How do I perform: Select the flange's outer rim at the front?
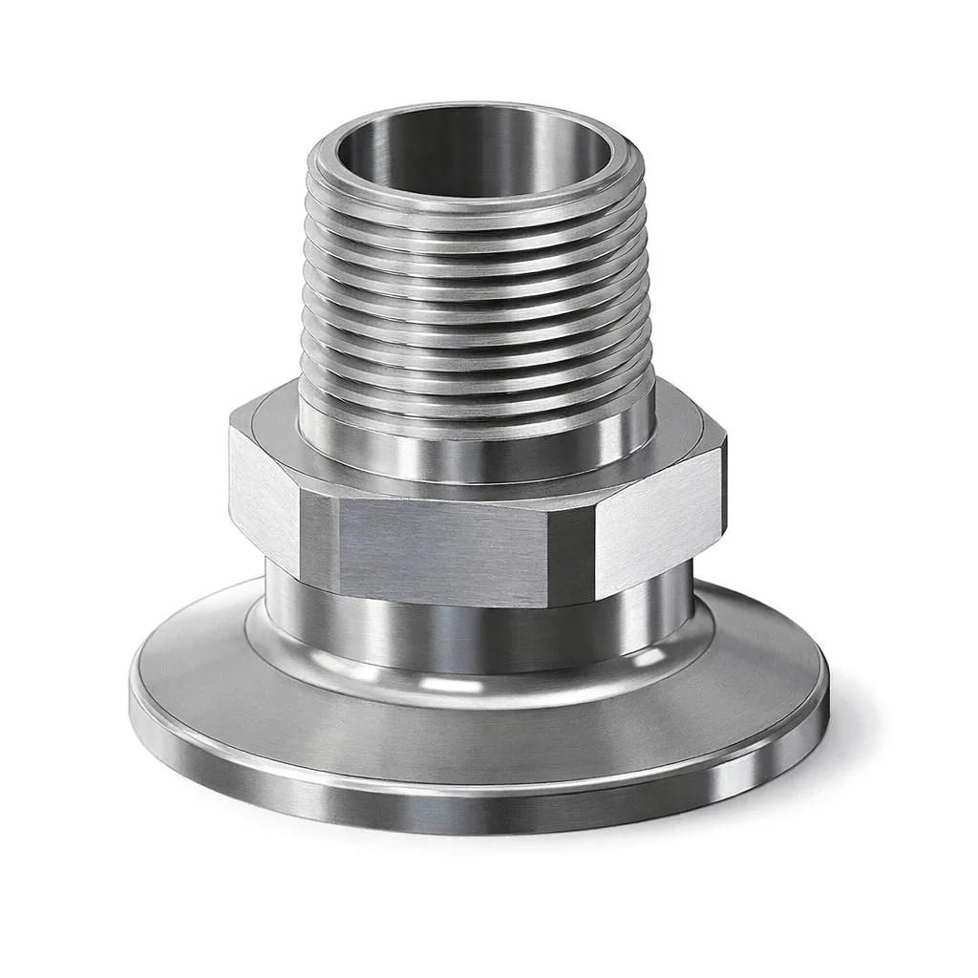click(478, 807)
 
